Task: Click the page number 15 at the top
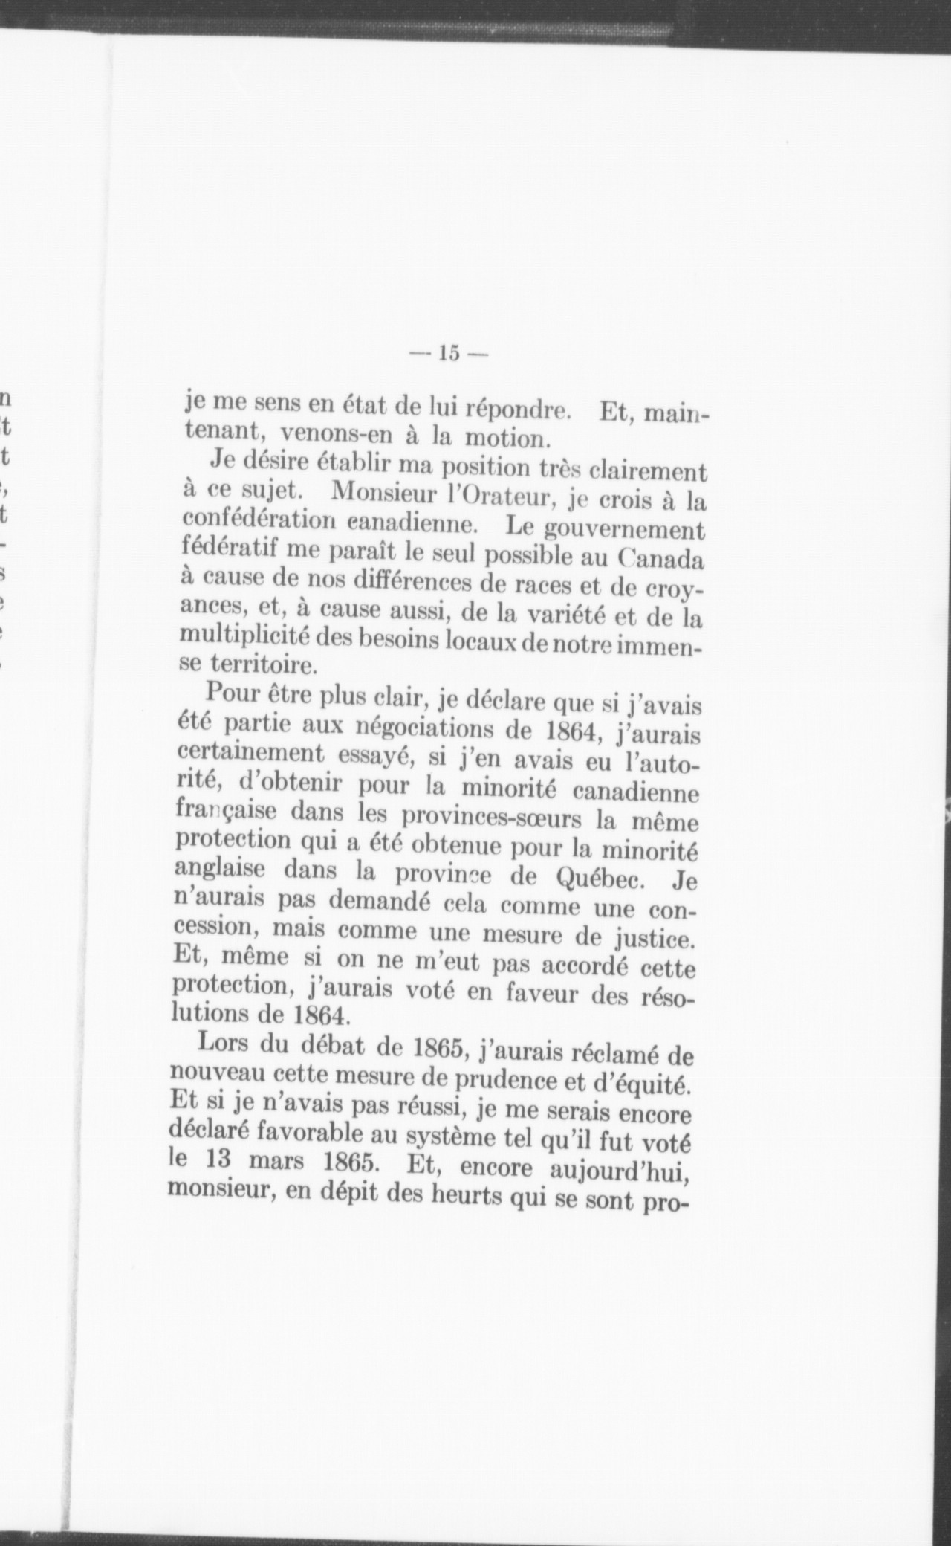(x=447, y=352)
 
